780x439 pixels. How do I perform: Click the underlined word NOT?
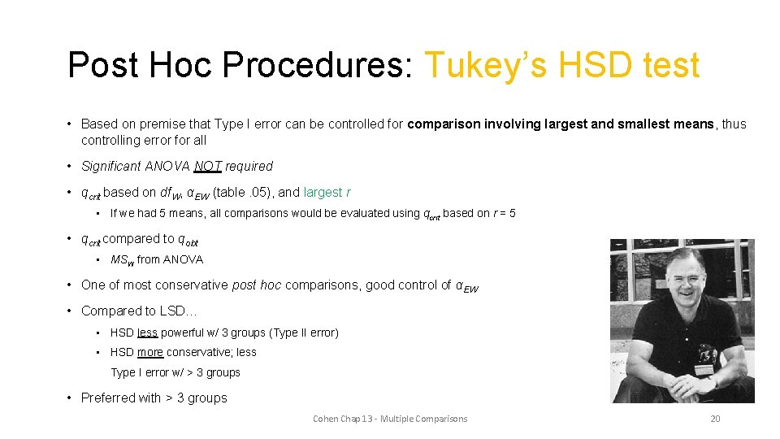click(208, 167)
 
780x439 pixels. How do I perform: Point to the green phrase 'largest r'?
click(327, 193)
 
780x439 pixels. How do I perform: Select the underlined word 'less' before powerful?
click(147, 333)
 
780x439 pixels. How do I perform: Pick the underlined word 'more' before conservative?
click(150, 352)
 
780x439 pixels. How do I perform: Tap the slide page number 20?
click(715, 419)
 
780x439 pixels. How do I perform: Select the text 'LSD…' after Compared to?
click(180, 311)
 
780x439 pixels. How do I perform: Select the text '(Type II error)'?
click(300, 333)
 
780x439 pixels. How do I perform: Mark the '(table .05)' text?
click(244, 193)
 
